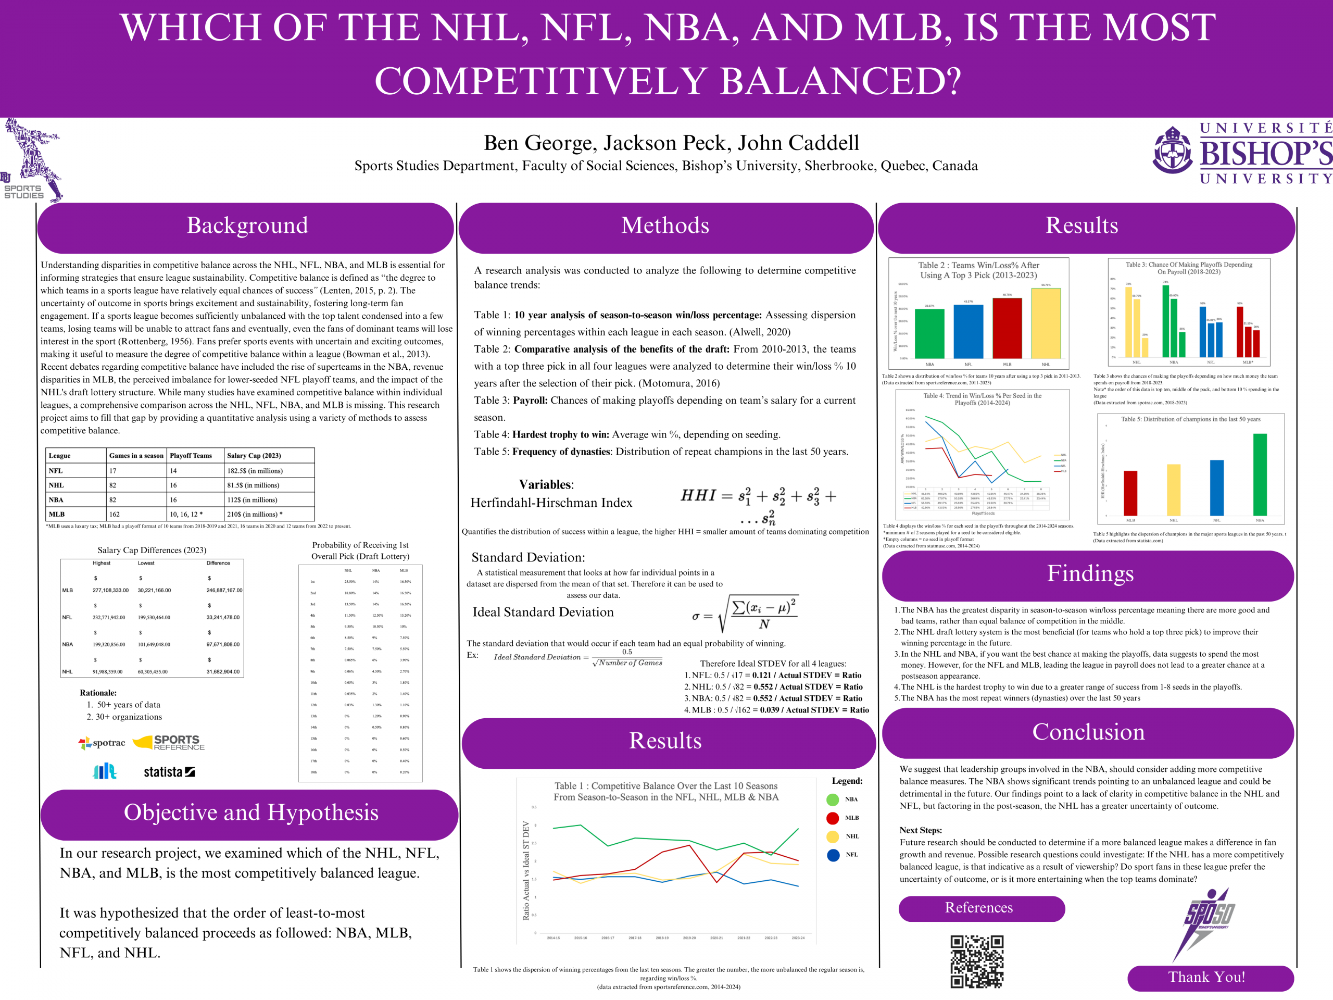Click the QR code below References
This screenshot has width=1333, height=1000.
click(977, 961)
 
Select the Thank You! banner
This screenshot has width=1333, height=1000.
click(1210, 977)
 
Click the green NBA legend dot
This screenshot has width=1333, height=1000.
click(833, 799)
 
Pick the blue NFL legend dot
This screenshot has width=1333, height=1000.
click(833, 855)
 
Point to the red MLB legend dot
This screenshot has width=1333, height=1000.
click(833, 818)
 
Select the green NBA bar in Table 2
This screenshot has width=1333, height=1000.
click(929, 333)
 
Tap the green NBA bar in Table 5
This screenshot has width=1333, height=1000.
click(1260, 474)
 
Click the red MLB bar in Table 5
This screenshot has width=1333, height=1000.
click(1130, 493)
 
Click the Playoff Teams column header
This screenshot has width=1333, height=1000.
click(191, 456)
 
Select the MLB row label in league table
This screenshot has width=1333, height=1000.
click(57, 514)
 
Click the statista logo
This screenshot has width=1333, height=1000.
click(169, 772)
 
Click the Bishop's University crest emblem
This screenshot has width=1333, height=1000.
click(1172, 151)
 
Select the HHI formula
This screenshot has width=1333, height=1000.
click(758, 505)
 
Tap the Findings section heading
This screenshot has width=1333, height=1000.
click(1089, 574)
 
